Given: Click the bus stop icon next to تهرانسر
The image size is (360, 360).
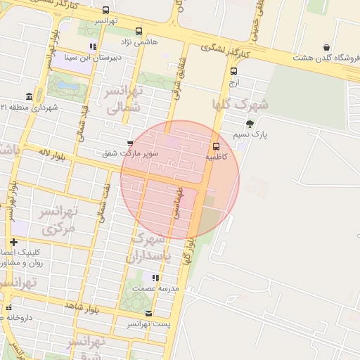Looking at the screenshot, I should pyautogui.click(x=105, y=11).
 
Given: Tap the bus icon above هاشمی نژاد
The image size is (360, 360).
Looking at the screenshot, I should pyautogui.click(x=139, y=32).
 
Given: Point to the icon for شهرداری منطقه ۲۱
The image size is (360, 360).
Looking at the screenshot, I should pyautogui.click(x=29, y=96).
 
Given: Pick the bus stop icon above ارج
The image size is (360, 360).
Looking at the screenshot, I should pyautogui.click(x=233, y=71).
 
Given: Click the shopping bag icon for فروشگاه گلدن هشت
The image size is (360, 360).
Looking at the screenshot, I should pyautogui.click(x=327, y=48).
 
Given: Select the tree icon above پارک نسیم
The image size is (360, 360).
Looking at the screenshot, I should pyautogui.click(x=250, y=124).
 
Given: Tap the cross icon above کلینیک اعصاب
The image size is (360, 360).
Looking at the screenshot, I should pyautogui.click(x=13, y=242).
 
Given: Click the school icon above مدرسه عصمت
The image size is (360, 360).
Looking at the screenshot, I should pyautogui.click(x=155, y=278).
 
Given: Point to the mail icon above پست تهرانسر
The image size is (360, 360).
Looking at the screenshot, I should pyautogui.click(x=148, y=313).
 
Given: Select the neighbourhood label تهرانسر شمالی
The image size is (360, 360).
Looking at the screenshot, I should pyautogui.click(x=124, y=98).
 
